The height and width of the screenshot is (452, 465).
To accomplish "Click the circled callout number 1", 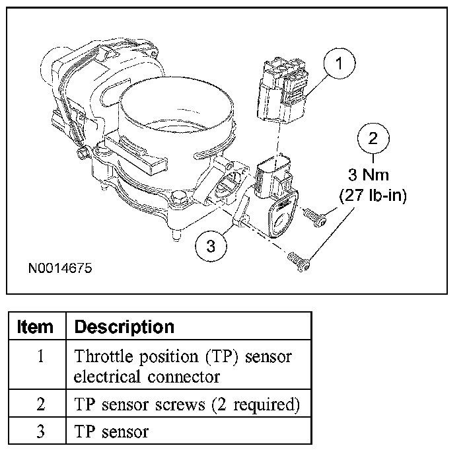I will (x=339, y=65).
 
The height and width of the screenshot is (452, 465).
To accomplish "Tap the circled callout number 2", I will (x=373, y=139).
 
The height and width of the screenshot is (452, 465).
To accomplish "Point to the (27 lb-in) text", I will (x=373, y=196).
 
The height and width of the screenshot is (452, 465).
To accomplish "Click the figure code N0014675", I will (x=59, y=269).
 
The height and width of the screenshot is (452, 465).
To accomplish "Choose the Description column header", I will (x=124, y=326).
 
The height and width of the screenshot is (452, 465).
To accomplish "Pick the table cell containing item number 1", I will (x=40, y=357).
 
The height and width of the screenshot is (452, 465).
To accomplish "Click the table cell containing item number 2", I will (x=40, y=404).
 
